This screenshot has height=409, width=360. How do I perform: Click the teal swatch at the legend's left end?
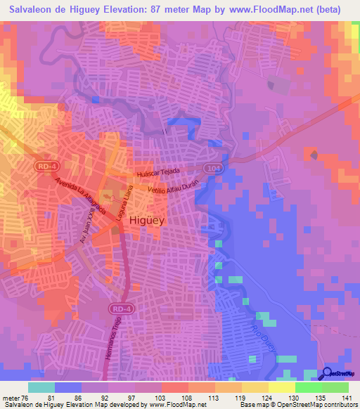click(41, 387)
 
